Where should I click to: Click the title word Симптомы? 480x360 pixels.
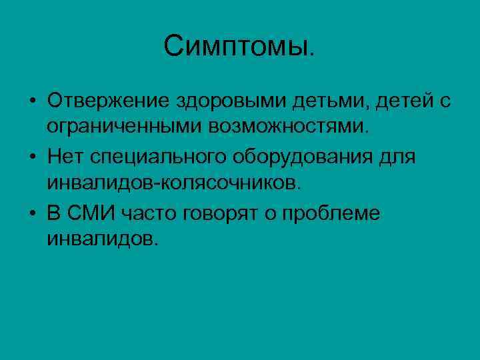238,47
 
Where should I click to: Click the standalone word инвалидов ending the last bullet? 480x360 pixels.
102,238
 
